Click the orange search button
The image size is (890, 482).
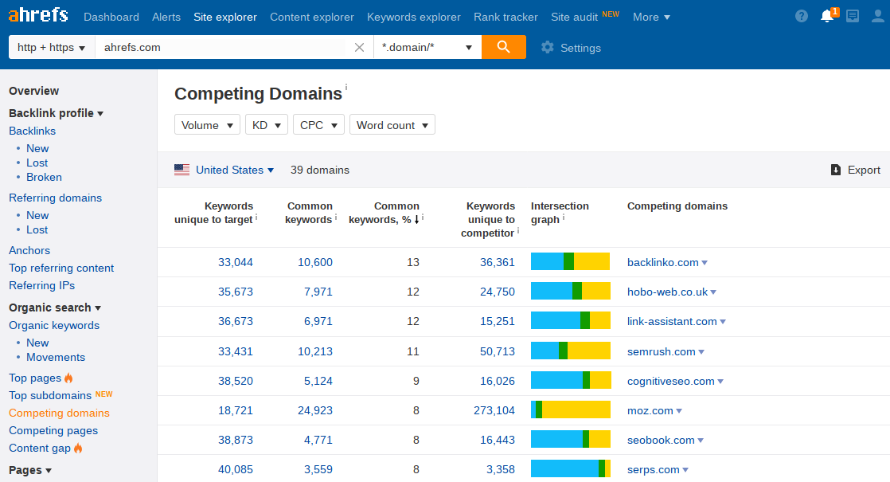coord(503,47)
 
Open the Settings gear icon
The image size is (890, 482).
coord(547,48)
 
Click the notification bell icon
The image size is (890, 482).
coord(827,17)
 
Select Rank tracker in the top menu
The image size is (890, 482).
coord(506,17)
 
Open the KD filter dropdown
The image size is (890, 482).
coord(266,125)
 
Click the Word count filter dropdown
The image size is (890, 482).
coord(392,125)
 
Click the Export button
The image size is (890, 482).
coord(856,170)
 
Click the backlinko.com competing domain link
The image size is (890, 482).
coord(662,262)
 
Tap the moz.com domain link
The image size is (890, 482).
coord(650,410)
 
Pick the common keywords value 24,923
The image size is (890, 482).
coord(315,410)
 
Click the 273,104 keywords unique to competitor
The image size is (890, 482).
coord(494,410)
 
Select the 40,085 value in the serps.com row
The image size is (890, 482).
coord(236,469)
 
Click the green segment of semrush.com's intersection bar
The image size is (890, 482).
coord(563,351)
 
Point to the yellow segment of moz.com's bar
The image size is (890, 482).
coord(576,410)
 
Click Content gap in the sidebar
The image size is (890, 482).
coord(40,448)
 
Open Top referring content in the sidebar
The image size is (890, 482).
coord(61,268)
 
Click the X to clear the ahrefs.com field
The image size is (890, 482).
coord(359,48)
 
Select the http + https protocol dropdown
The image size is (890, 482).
coord(52,47)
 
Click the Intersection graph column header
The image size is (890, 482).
coord(560,213)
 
